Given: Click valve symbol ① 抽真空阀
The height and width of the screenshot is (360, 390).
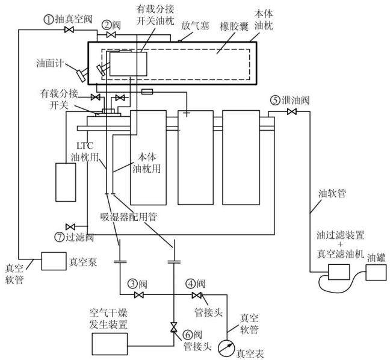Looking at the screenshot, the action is click(69, 29).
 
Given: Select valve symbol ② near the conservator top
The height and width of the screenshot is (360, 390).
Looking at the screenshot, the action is click(111, 34).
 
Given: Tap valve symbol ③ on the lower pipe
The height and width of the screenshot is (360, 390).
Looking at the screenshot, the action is click(139, 295).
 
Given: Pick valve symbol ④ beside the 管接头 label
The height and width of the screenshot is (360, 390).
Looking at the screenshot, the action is click(197, 295).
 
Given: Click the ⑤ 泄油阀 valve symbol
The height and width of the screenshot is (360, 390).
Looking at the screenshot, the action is click(291, 112).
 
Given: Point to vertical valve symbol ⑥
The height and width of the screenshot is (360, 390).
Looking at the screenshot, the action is click(173, 327).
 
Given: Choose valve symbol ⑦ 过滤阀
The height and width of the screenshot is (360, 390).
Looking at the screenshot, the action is click(70, 226).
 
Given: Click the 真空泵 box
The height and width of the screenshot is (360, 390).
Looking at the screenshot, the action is click(54, 261).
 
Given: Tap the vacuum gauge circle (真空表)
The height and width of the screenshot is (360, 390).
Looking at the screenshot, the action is click(226, 348).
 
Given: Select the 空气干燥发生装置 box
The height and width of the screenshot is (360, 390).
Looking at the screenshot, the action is click(110, 344).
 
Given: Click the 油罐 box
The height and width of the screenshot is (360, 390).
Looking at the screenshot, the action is click(376, 273).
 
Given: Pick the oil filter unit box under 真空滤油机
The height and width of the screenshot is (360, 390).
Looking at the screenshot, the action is click(339, 272).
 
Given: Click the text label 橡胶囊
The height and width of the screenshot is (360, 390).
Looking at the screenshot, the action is click(234, 26).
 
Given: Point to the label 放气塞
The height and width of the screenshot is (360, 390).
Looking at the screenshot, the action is click(195, 26).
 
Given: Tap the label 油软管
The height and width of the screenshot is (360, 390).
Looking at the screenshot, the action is click(332, 193).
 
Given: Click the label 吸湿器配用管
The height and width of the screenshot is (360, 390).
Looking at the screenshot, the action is click(128, 217).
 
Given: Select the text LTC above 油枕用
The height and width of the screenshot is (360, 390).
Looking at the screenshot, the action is click(85, 146).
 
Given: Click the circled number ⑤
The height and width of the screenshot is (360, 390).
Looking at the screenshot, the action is click(275, 101).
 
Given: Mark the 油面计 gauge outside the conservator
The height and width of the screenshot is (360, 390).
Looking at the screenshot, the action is click(82, 74).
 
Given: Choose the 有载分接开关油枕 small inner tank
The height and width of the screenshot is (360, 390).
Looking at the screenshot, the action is click(128, 64).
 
